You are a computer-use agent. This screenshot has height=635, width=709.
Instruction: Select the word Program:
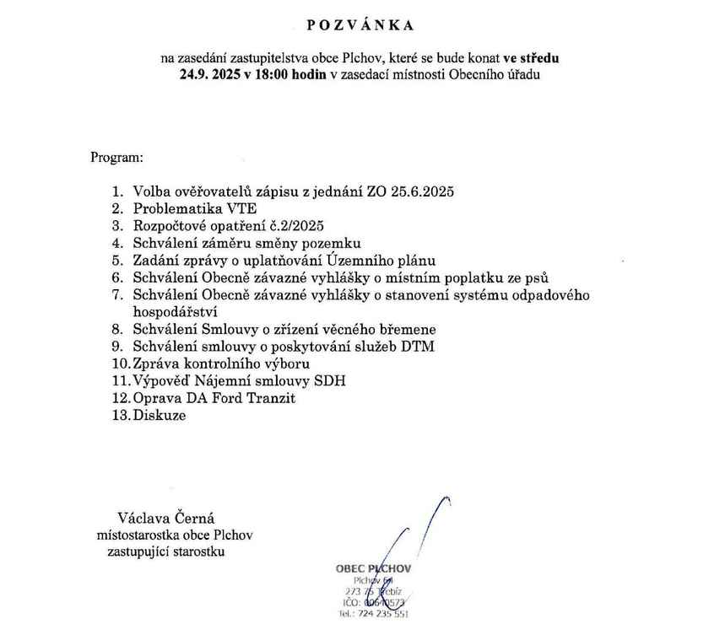pos(116,157)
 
